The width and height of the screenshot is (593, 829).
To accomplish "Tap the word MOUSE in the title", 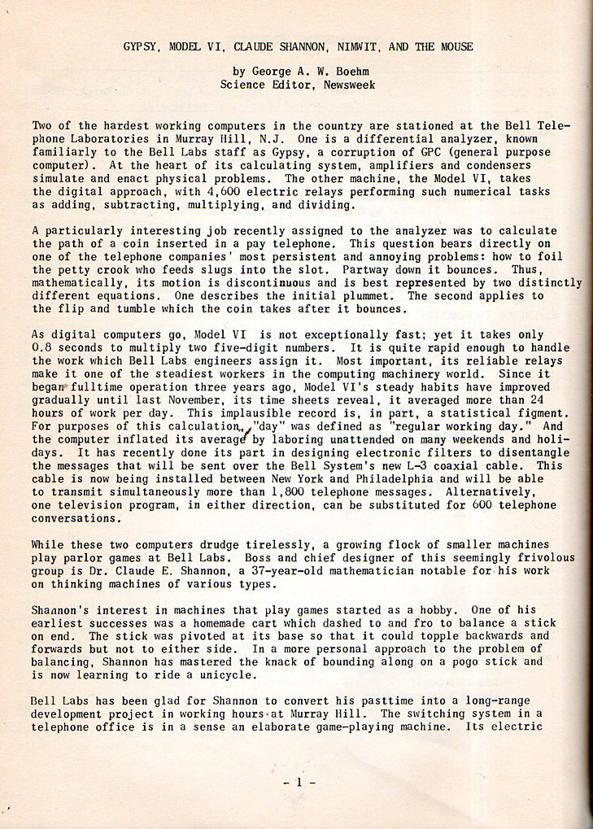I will (x=456, y=46).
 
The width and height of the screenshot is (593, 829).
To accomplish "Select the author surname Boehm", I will (x=354, y=71).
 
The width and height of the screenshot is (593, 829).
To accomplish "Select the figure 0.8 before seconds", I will (x=42, y=347).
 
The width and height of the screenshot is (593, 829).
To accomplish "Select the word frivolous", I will (x=545, y=557).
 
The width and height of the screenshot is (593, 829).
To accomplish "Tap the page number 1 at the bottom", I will (x=299, y=783).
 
